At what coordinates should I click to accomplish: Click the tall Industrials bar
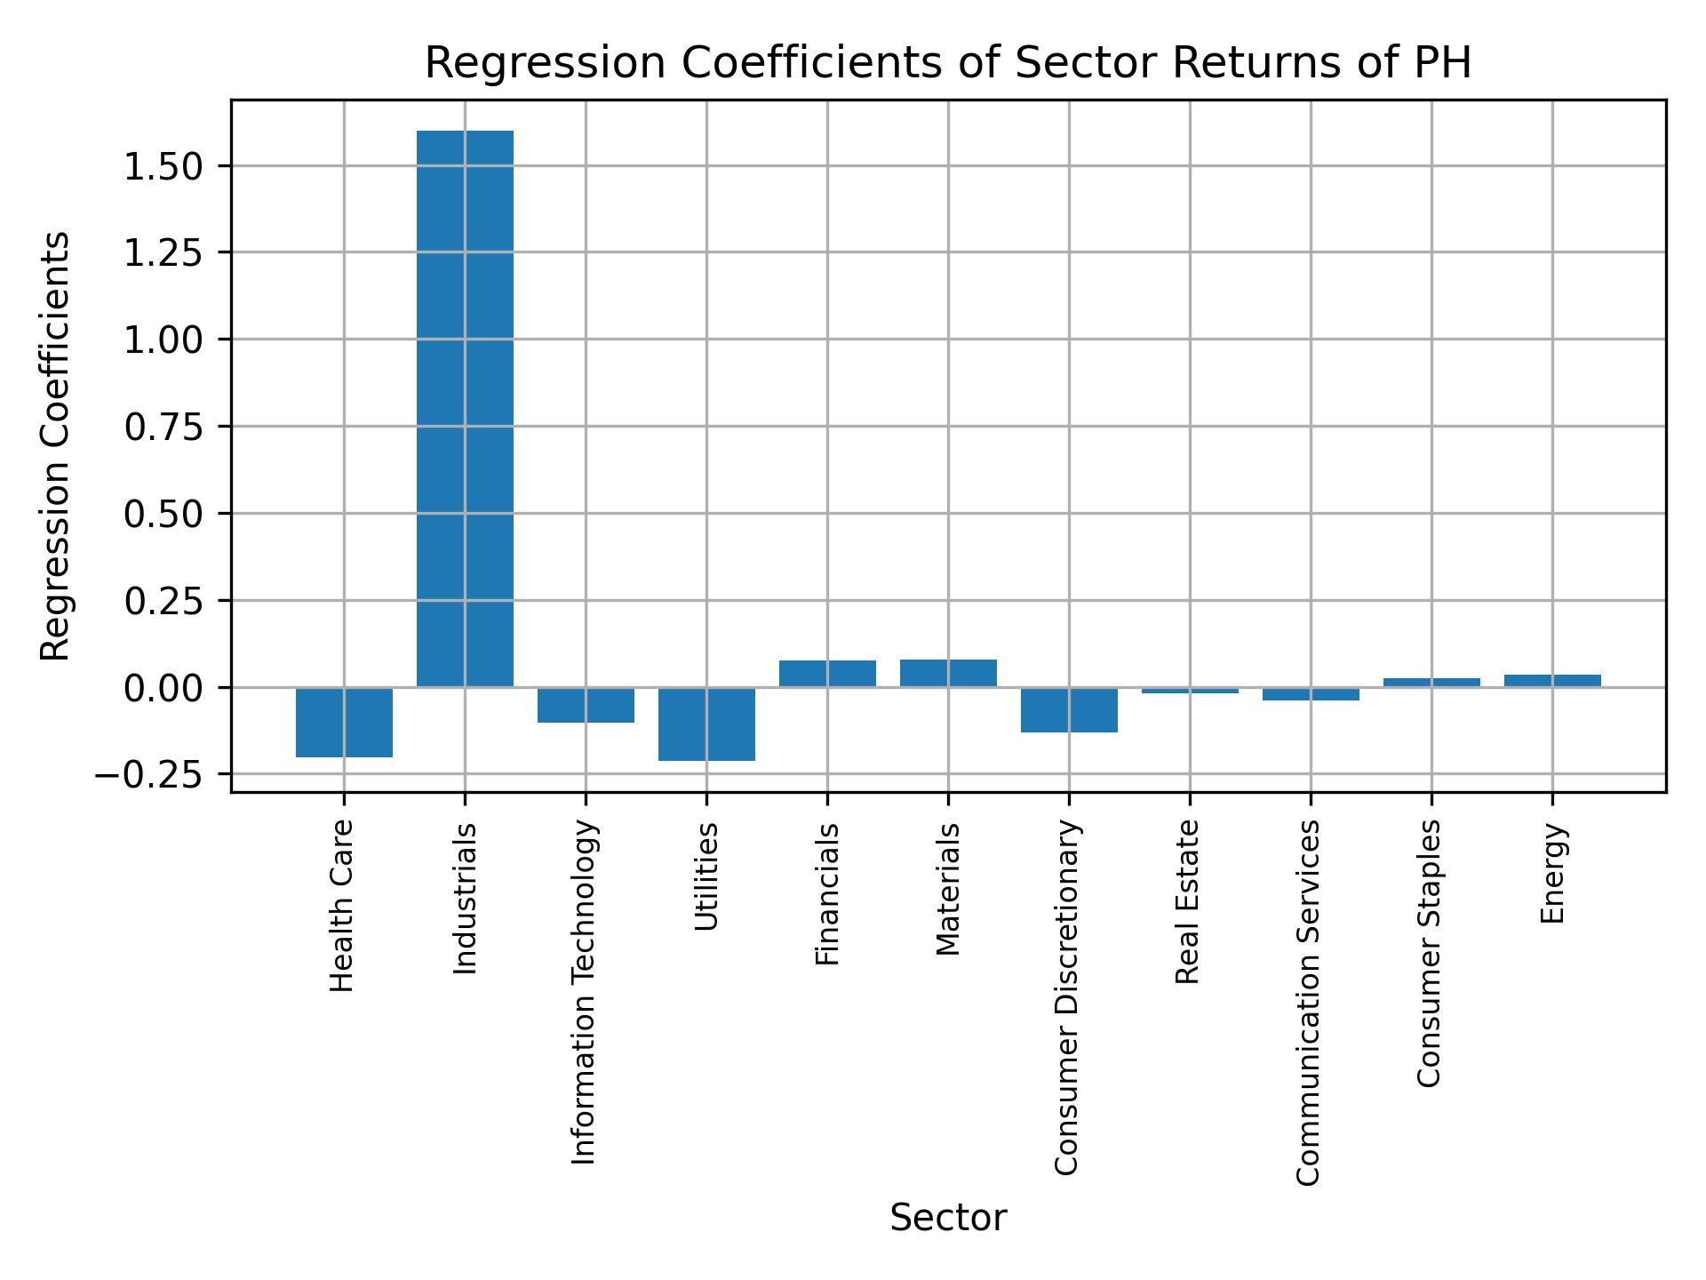click(465, 409)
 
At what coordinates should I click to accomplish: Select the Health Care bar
click(344, 722)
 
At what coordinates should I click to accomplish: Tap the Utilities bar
click(706, 724)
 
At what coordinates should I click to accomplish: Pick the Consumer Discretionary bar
click(1069, 709)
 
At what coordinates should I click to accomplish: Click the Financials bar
click(827, 674)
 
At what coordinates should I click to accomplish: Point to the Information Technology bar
click(586, 705)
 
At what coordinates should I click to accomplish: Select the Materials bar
click(948, 673)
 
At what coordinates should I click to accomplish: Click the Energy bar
click(1552, 681)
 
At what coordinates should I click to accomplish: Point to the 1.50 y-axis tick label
click(164, 166)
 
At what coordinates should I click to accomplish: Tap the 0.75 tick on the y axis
click(164, 428)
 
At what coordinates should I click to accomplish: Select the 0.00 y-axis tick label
click(164, 689)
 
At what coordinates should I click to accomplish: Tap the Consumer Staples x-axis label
click(1429, 953)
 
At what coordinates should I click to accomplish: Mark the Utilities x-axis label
click(706, 876)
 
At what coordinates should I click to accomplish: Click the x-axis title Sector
click(948, 1218)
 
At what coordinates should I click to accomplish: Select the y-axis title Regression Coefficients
click(55, 446)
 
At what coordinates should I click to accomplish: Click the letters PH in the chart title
click(1444, 63)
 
